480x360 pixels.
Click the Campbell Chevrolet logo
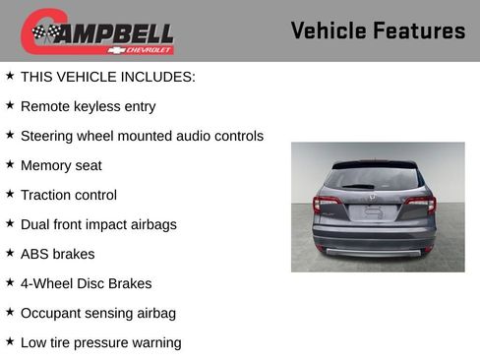point(97,31)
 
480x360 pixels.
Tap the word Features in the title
point(420,30)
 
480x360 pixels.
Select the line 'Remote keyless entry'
point(88,106)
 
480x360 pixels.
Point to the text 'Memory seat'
point(61,165)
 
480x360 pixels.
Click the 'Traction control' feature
point(69,195)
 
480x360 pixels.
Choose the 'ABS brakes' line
point(58,254)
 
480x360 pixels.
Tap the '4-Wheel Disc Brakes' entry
point(86,283)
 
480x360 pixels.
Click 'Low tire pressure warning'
point(100,342)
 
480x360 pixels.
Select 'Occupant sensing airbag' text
point(98,313)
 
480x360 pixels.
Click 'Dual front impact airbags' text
point(98,224)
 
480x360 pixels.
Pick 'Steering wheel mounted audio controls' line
point(142,136)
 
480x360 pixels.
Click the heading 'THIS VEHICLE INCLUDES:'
point(108,76)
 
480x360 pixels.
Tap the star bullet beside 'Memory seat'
point(10,164)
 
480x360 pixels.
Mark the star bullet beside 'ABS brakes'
point(10,253)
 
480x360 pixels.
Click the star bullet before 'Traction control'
point(10,194)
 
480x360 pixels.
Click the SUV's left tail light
point(327,206)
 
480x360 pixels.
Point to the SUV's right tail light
point(420,205)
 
